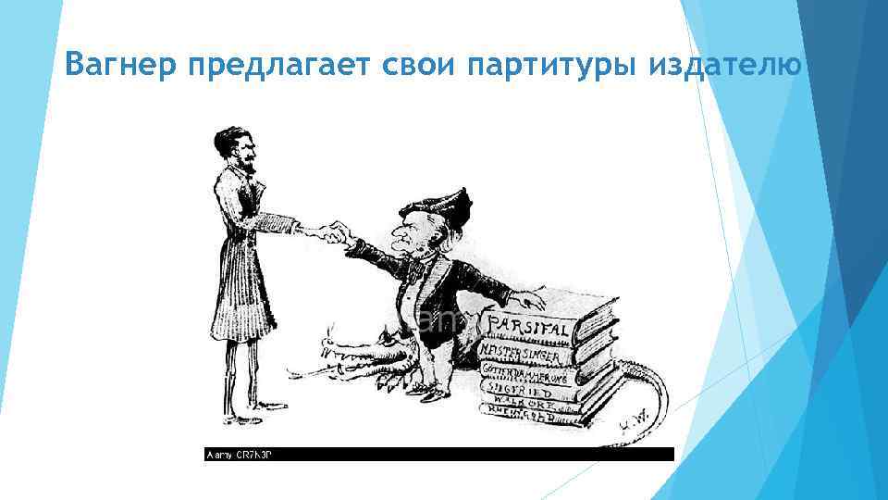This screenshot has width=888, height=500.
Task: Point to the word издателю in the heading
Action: [x=725, y=67]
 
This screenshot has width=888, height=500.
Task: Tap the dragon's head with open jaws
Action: [x=356, y=356]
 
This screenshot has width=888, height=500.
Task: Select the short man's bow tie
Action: [x=422, y=268]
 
